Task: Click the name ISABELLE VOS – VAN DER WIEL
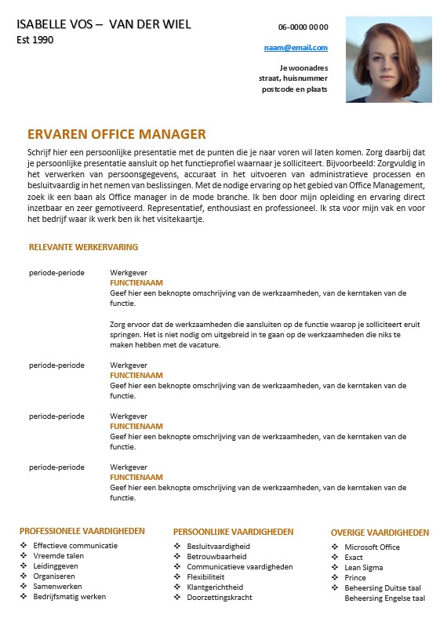[104, 24]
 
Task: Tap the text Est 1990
[35, 39]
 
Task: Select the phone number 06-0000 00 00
[303, 27]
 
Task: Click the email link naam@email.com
[296, 48]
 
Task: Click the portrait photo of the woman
[388, 60]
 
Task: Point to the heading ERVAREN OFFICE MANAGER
[116, 134]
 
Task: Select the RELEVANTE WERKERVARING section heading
[83, 247]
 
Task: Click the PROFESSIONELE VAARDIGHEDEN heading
[82, 531]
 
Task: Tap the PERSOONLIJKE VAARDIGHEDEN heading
[233, 532]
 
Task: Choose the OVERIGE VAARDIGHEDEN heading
[380, 533]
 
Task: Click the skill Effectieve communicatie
[75, 545]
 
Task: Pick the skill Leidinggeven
[56, 565]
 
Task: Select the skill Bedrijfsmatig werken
[70, 596]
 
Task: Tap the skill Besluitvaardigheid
[218, 546]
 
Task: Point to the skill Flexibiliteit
[205, 576]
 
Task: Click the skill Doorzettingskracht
[219, 597]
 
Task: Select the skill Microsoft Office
[372, 547]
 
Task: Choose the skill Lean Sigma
[365, 568]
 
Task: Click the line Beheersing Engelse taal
[384, 598]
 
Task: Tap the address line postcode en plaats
[295, 89]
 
